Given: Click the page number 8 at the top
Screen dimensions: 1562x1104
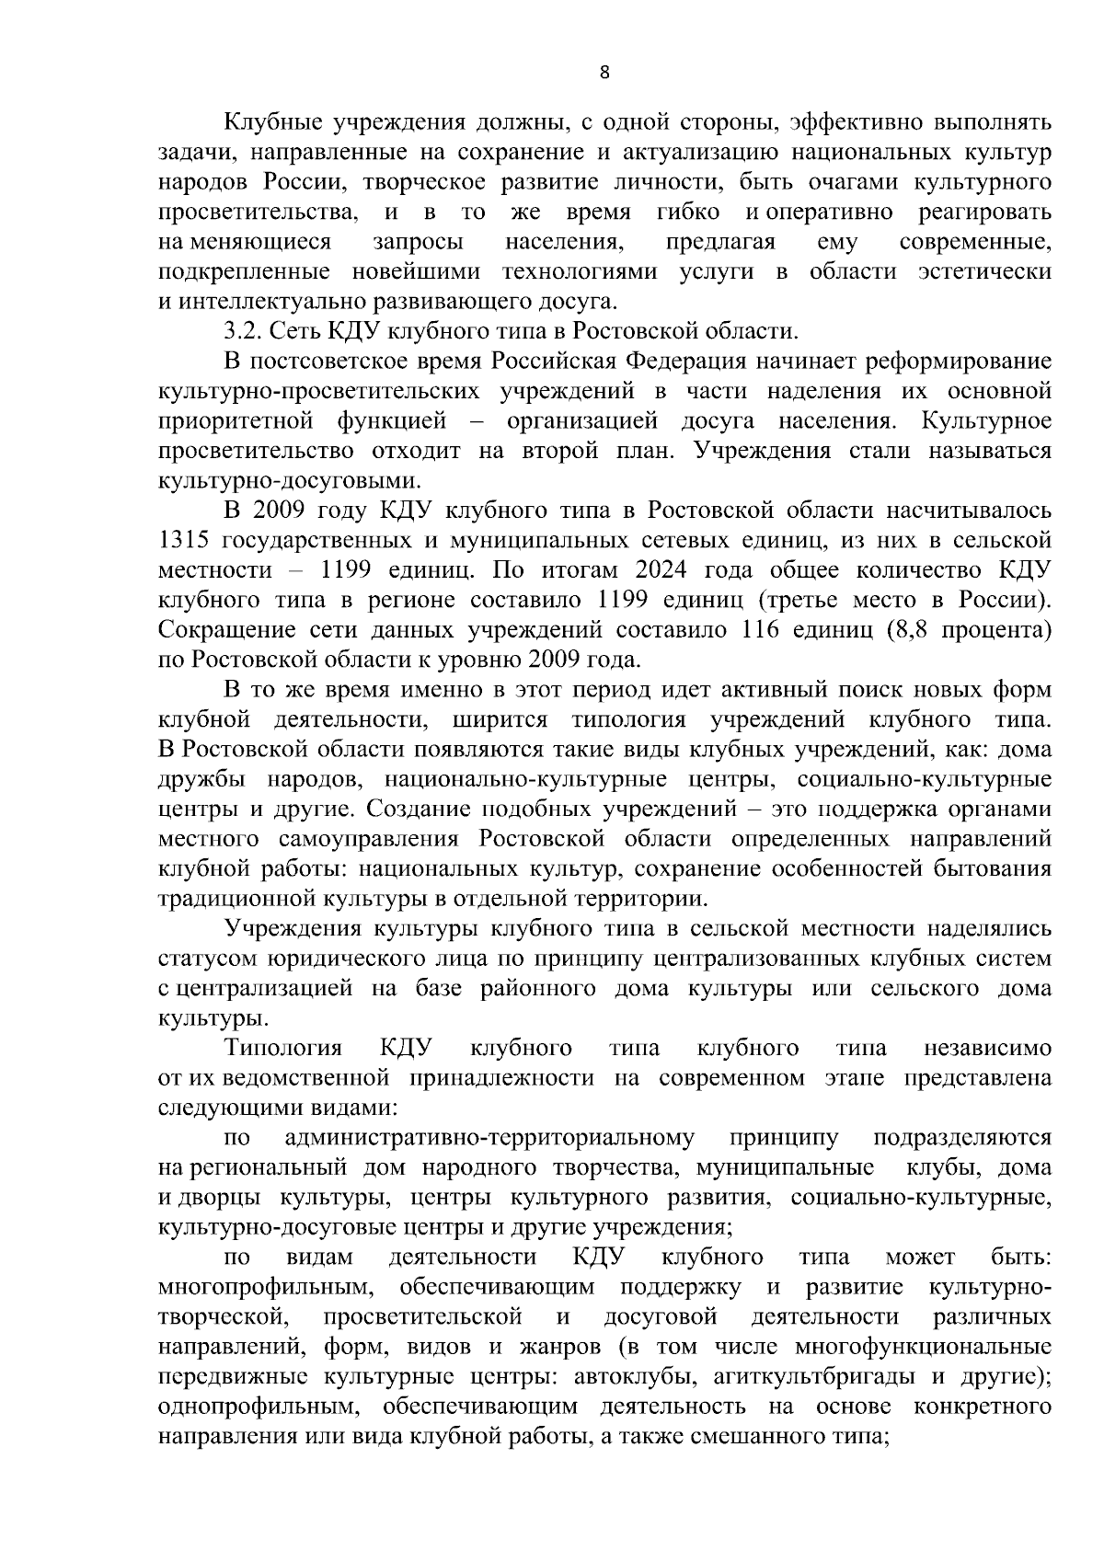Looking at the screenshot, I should [604, 74].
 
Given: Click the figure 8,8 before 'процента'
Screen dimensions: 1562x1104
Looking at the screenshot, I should [912, 630].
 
